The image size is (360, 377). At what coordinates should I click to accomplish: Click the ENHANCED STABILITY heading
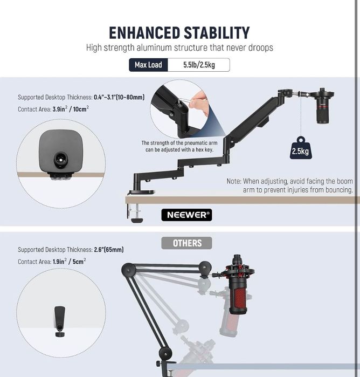click(179, 33)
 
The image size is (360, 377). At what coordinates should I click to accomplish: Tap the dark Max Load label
click(148, 65)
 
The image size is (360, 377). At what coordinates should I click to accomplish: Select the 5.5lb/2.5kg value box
click(199, 65)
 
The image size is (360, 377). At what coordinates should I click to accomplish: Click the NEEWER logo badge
click(186, 215)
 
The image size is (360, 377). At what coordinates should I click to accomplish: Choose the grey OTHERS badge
click(186, 243)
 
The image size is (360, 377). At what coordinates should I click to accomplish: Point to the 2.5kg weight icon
click(301, 148)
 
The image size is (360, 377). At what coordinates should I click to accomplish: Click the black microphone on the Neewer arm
click(323, 106)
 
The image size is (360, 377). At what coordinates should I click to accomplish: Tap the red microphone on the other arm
click(238, 285)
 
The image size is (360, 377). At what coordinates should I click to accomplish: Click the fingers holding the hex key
click(198, 104)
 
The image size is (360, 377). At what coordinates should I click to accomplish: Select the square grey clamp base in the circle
click(61, 152)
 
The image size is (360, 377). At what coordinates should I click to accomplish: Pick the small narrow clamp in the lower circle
click(60, 321)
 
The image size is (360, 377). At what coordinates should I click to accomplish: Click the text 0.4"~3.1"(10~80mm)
click(119, 97)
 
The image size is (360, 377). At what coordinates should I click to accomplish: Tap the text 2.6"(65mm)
click(109, 250)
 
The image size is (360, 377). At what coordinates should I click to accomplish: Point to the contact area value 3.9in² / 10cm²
click(71, 108)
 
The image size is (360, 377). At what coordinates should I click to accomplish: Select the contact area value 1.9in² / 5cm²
click(69, 261)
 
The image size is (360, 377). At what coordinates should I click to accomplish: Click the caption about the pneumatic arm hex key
click(179, 146)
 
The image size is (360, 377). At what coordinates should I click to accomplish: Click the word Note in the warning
click(234, 181)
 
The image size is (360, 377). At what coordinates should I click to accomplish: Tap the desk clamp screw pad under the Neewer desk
click(137, 220)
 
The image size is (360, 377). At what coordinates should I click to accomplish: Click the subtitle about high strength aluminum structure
click(179, 47)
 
